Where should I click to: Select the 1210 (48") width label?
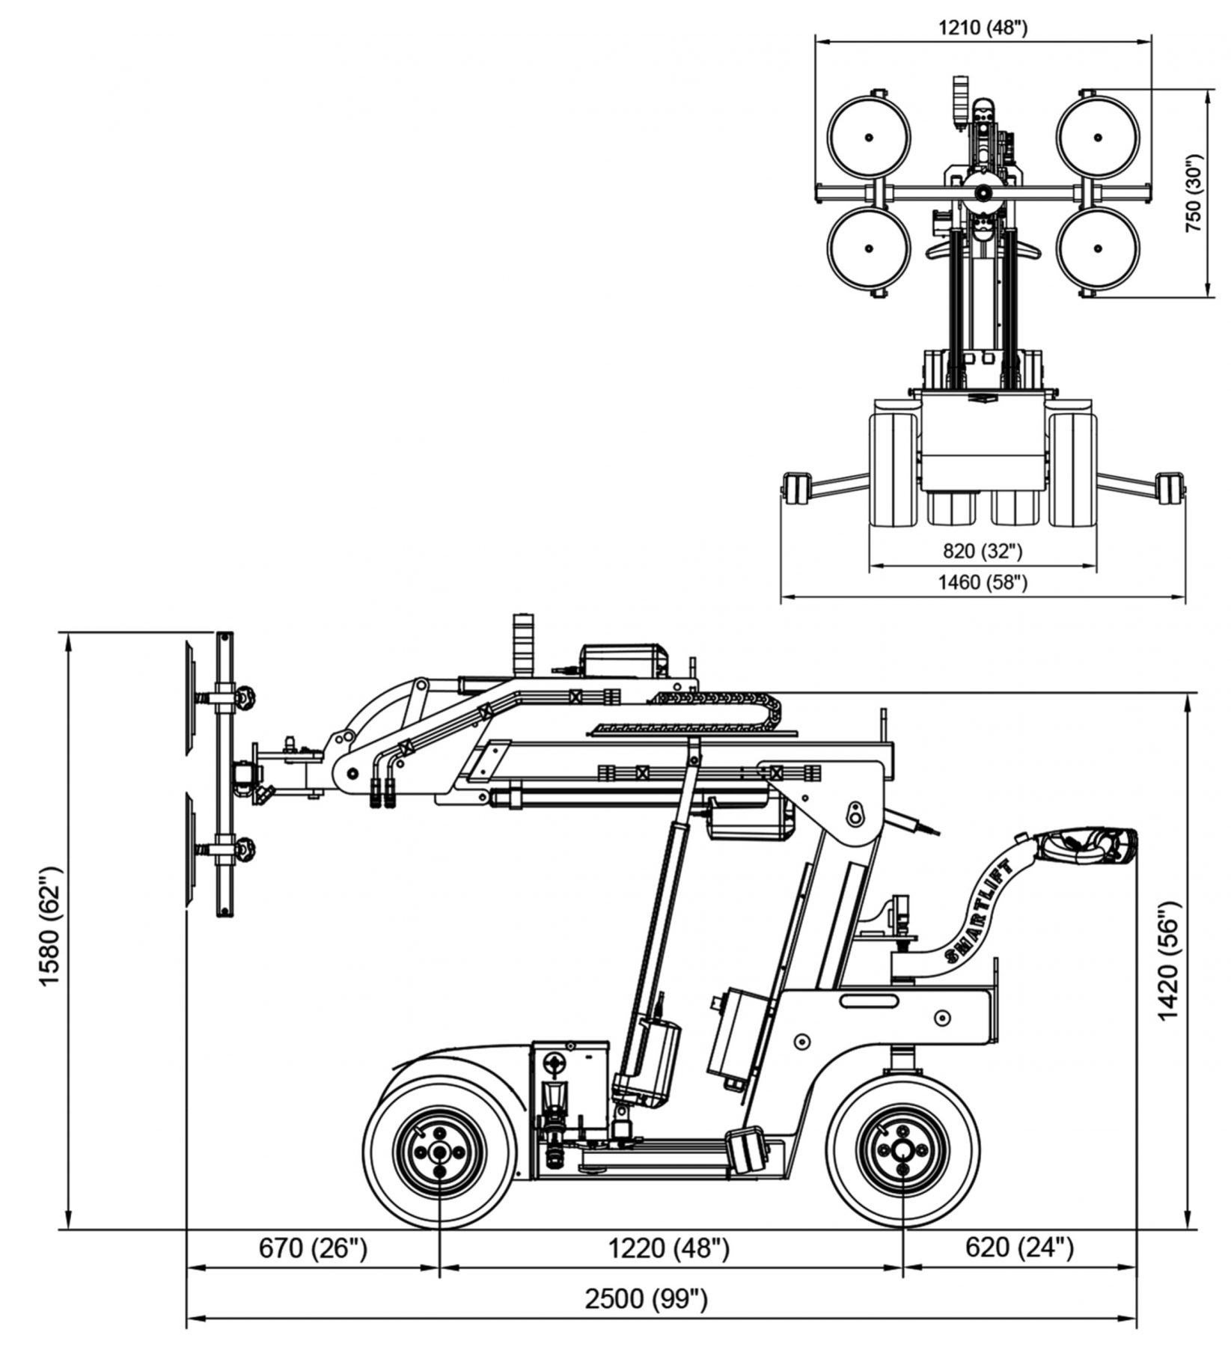pyautogui.click(x=983, y=28)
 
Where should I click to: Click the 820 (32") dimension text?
pyautogui.click(x=982, y=551)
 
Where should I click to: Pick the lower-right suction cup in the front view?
pyautogui.click(x=1097, y=248)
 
